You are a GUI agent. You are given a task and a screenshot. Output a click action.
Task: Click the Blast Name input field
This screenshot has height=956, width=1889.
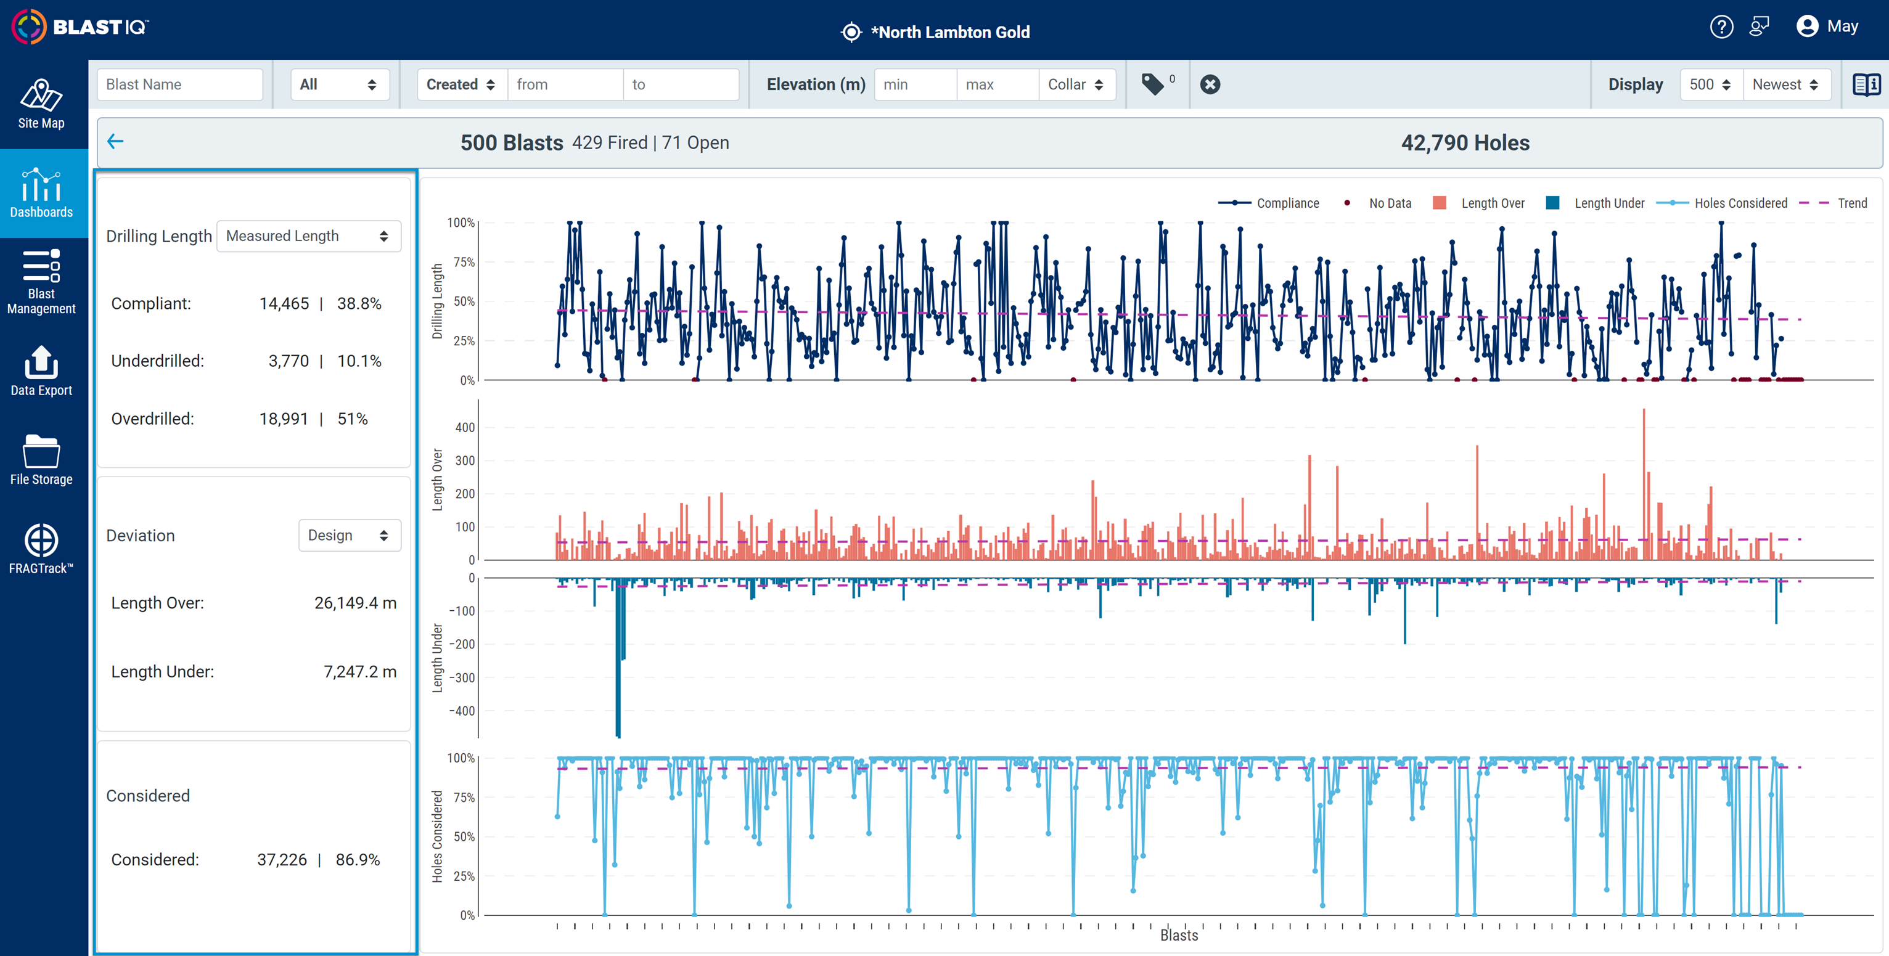[179, 84]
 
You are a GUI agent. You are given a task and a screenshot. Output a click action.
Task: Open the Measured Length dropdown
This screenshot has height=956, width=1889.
[309, 236]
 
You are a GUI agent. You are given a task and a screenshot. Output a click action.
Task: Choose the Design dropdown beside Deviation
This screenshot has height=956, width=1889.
[349, 535]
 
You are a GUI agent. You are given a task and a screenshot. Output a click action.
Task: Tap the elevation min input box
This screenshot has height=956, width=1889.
[915, 84]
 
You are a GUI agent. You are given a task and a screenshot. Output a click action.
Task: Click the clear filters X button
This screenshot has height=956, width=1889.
[1210, 84]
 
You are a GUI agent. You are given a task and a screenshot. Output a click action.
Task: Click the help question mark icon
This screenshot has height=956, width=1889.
[1721, 27]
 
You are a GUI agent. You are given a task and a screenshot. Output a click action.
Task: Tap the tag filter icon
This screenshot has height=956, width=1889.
[1153, 84]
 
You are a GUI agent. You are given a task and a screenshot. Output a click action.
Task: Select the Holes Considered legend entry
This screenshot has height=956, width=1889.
[1722, 203]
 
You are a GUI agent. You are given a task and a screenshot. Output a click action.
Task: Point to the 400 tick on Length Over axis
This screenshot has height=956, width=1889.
[465, 427]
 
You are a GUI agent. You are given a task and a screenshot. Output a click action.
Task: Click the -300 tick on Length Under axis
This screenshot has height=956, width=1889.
[462, 677]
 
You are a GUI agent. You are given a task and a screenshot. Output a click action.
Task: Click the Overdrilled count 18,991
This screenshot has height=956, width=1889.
[284, 419]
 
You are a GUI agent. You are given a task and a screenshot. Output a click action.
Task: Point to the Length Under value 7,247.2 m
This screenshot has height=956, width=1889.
[360, 672]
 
